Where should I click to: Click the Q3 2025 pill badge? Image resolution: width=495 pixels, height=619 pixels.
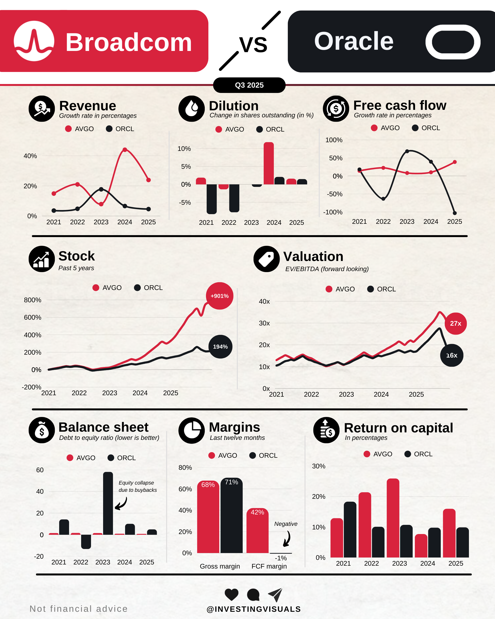pyautogui.click(x=249, y=85)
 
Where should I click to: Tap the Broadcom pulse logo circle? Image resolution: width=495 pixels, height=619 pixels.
pyautogui.click(x=34, y=41)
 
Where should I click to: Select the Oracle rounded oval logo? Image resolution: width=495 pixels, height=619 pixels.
pyautogui.click(x=453, y=42)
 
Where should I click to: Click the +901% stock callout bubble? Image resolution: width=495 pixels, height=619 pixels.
pyautogui.click(x=220, y=296)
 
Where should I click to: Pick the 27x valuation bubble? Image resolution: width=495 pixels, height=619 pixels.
pyautogui.click(x=455, y=324)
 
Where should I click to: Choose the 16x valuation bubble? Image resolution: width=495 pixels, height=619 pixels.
pyautogui.click(x=452, y=355)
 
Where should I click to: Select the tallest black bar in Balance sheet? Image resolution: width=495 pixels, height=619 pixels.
pyautogui.click(x=108, y=503)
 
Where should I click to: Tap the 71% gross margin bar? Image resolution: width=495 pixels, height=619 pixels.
pyautogui.click(x=231, y=515)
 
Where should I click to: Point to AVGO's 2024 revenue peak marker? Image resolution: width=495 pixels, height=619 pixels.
pyautogui.click(x=125, y=150)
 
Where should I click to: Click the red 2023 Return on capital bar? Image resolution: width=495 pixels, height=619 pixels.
pyautogui.click(x=393, y=518)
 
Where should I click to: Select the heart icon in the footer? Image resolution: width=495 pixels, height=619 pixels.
pyautogui.click(x=231, y=594)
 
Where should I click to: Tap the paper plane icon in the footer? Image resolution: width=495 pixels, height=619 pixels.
pyautogui.click(x=275, y=595)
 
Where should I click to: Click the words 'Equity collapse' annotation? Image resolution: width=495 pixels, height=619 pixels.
pyautogui.click(x=136, y=483)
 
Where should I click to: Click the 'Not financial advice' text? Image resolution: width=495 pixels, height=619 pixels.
pyautogui.click(x=79, y=609)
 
